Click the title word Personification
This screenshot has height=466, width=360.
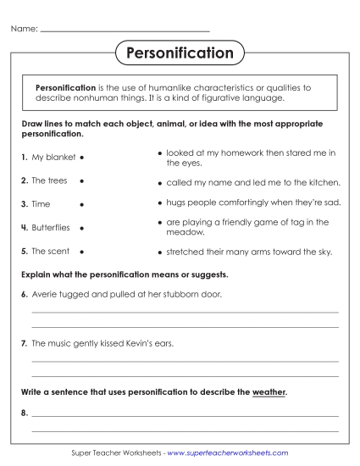click(180, 53)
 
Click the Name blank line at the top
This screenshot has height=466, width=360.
click(125, 31)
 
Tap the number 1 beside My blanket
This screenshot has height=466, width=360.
click(23, 158)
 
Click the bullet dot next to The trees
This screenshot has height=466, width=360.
click(81, 181)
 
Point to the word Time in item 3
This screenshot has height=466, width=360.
click(41, 204)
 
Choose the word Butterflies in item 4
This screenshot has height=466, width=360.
click(51, 228)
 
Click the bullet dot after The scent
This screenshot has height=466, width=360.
click(81, 252)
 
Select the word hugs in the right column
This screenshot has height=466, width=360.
click(175, 203)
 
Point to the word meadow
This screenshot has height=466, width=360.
click(183, 231)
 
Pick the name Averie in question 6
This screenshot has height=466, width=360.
click(45, 293)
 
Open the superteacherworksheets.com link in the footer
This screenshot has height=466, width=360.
click(228, 454)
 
